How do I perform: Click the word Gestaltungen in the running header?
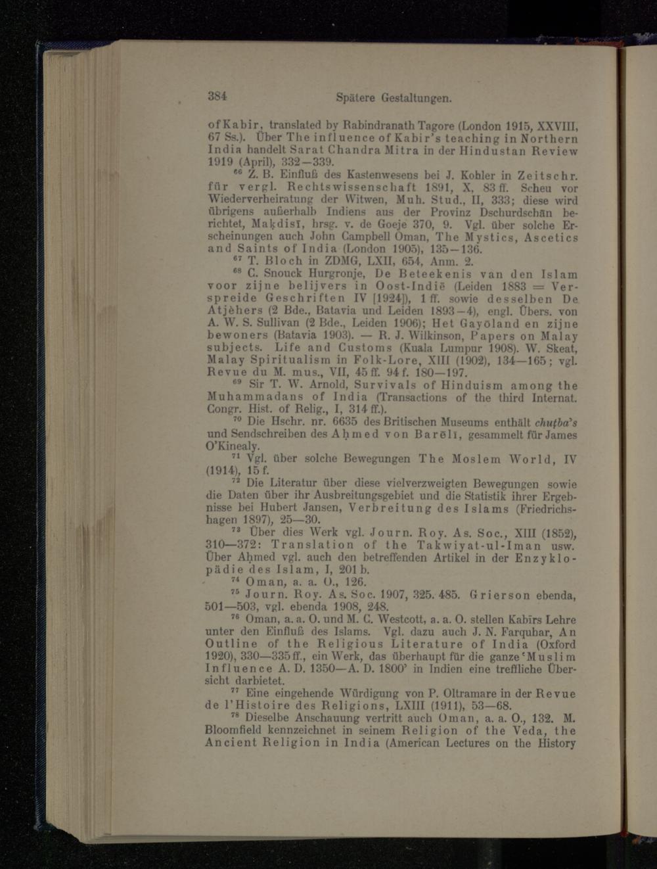click(414, 98)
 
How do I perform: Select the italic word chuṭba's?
click(555, 422)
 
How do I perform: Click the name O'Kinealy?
click(233, 446)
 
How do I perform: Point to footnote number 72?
click(237, 481)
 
